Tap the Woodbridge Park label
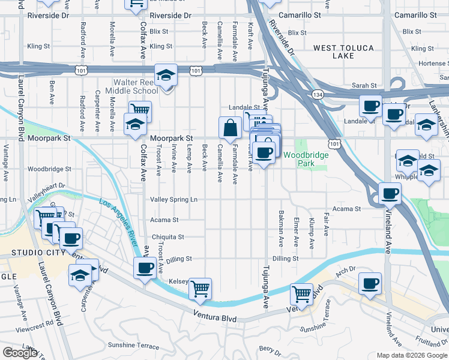click(306, 159)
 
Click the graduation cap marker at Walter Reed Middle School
click(166, 76)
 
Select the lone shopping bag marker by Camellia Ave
click(230, 128)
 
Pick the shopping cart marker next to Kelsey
click(200, 289)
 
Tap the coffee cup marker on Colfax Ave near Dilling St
click(145, 268)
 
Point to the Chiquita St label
click(167, 237)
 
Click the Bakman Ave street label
click(280, 229)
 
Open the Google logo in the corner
click(19, 353)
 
